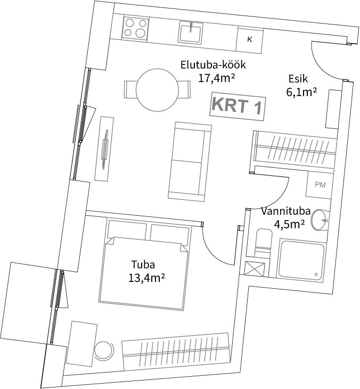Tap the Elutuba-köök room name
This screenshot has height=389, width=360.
[x=213, y=66]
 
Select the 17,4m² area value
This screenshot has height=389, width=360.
[x=217, y=78]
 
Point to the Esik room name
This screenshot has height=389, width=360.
[x=298, y=78]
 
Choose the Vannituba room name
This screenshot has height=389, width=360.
[x=285, y=211]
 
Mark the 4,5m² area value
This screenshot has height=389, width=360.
[x=289, y=224]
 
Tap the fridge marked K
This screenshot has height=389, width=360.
[x=250, y=39]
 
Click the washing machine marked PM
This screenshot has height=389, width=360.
[x=320, y=186]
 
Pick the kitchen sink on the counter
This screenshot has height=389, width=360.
[x=190, y=33]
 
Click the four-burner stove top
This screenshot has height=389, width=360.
[x=135, y=28]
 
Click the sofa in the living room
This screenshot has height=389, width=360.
[x=187, y=160]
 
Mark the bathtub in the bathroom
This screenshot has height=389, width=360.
[x=301, y=261]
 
